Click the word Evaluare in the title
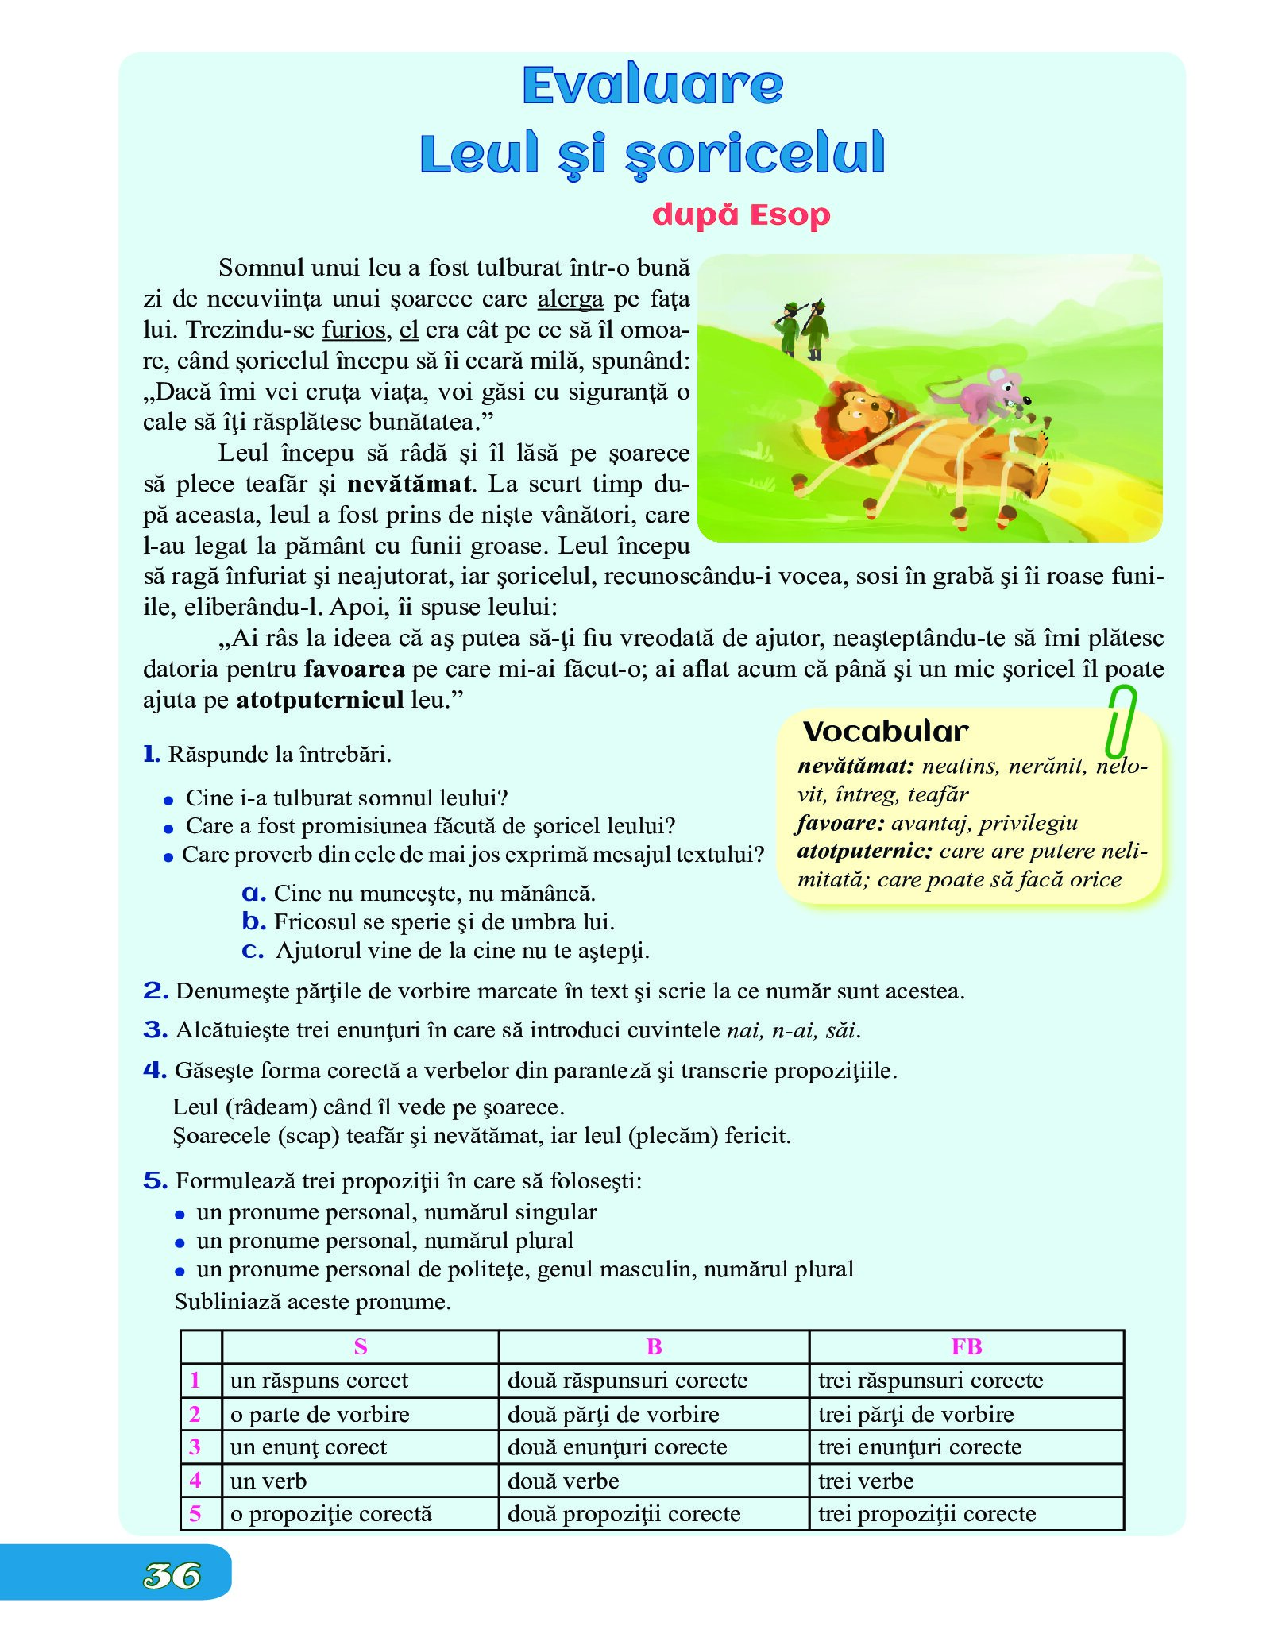tap(653, 85)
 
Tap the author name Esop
tap(790, 214)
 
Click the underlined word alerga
tap(570, 299)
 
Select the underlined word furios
tap(355, 330)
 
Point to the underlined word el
tap(409, 330)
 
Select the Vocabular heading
tap(885, 731)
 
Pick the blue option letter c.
tap(253, 951)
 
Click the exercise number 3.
tap(155, 1030)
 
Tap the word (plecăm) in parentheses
tap(674, 1136)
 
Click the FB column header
tap(966, 1346)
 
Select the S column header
tap(360, 1346)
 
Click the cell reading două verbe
tap(563, 1481)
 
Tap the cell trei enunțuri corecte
tap(920, 1447)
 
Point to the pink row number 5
tap(195, 1514)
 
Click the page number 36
tap(172, 1576)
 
